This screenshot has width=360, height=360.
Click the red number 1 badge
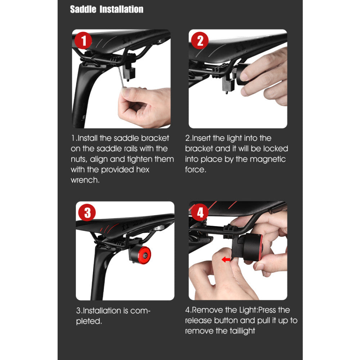83,41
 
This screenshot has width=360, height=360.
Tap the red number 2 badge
200,41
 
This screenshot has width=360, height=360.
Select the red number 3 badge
87,213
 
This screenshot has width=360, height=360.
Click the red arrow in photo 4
226,260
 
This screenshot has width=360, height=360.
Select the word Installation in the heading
122,9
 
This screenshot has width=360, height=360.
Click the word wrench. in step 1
85,180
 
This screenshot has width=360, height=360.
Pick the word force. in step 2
195,170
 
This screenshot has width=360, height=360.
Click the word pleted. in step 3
89,321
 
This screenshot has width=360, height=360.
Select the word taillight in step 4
242,331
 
